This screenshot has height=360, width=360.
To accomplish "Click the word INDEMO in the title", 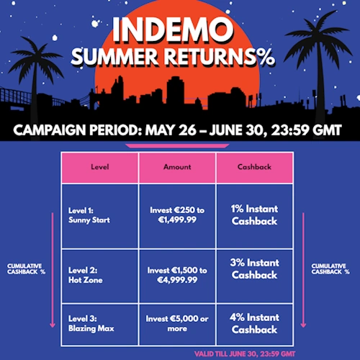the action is pos(173,30).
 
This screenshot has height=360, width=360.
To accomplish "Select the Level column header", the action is pos(100,167).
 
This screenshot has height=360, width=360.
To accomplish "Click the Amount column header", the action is pos(177,167).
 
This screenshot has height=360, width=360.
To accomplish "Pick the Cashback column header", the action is pos(254,167).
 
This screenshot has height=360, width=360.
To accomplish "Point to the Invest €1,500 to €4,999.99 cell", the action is pos(177,275).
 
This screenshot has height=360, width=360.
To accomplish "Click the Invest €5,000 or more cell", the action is pos(177,323).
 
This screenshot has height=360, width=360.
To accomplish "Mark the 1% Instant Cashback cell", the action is pos(254,215).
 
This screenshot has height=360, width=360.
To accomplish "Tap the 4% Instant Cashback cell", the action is pos(254,323).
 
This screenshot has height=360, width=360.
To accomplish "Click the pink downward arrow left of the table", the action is pos(53,270).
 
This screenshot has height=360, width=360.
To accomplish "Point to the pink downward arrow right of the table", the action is pos(303,270).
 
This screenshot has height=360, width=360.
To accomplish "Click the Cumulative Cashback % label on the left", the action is pos(26,269).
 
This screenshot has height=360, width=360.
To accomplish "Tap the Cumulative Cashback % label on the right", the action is pos(330,269).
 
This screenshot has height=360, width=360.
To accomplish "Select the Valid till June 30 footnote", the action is pos(245,354).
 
